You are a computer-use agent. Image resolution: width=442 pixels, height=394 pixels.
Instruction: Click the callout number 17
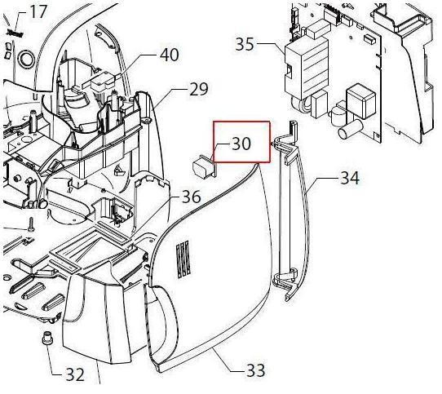pos(38,12)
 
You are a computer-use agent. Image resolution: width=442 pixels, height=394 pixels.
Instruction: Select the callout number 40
pos(169,55)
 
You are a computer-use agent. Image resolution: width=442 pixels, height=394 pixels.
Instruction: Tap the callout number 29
pos(198,89)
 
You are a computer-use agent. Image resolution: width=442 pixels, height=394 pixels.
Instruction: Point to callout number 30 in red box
pos(241,144)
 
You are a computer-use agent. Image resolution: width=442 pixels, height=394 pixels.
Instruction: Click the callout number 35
pos(245,44)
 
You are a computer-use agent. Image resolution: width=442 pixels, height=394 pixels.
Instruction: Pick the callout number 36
pos(192,197)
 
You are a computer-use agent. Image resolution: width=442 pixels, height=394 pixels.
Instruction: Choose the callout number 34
pos(350,178)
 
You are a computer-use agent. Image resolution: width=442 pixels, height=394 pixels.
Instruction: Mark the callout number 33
pos(256,370)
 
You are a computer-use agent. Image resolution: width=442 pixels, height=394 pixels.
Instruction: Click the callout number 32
pos(75,374)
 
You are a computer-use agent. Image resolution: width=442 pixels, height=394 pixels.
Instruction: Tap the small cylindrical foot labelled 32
pos(46,338)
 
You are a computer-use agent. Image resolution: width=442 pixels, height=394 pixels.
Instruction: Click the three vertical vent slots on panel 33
pos(183,259)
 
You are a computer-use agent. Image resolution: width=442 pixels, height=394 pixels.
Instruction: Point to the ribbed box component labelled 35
pos(307,66)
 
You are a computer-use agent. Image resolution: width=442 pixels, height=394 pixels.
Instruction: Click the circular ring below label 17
pos(25,60)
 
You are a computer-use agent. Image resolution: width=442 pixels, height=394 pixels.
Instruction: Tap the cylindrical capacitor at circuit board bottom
pos(350,129)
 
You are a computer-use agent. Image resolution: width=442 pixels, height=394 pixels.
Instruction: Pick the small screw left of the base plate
pos(31,224)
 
